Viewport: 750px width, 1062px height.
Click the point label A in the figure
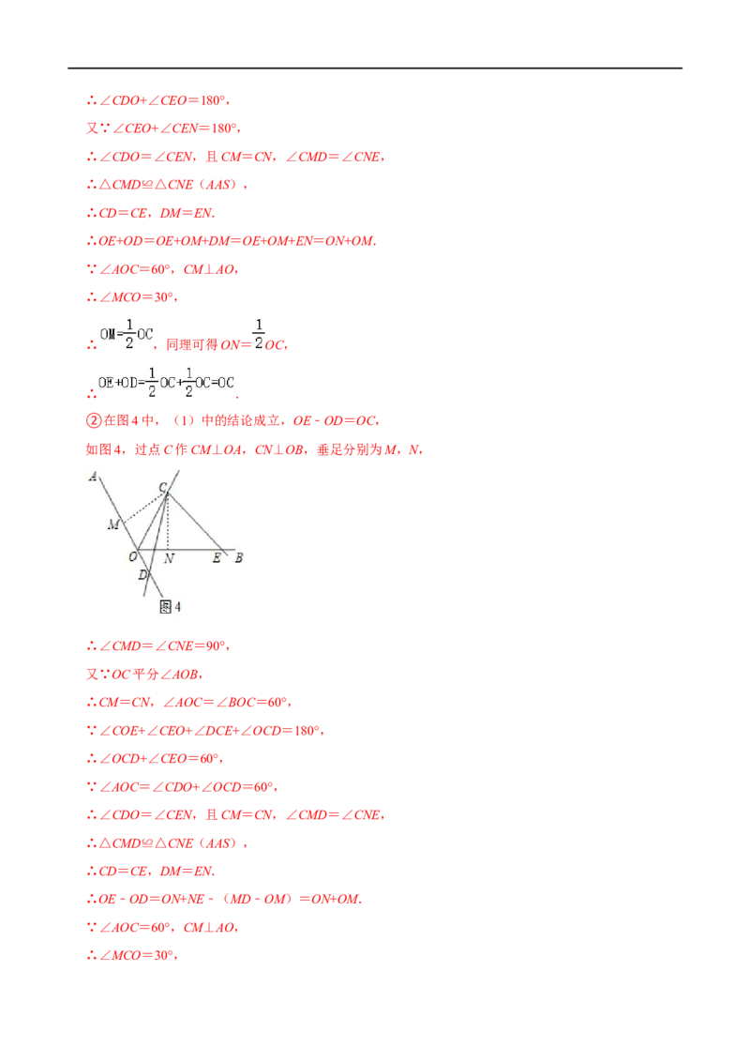[93, 477]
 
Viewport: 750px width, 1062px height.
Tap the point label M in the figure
[113, 524]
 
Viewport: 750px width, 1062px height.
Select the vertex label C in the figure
[162, 488]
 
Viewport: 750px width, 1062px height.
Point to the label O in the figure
[133, 556]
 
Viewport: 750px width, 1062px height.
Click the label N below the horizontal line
[170, 559]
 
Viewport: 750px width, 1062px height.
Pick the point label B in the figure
[239, 558]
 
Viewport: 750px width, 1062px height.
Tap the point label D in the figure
[142, 575]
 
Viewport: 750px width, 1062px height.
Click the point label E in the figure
[217, 558]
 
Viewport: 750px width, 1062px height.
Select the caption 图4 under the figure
[170, 607]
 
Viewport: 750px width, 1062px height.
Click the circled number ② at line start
[94, 420]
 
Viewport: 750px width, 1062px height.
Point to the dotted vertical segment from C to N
[167, 522]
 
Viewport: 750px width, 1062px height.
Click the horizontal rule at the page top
[375, 68]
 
